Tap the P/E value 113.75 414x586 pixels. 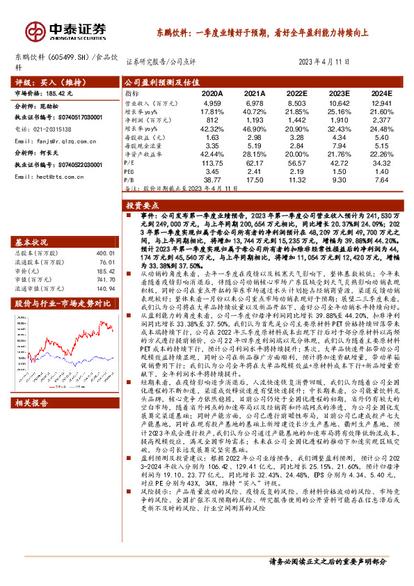pyautogui.click(x=212, y=163)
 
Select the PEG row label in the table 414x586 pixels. pyautogui.click(x=130, y=171)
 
